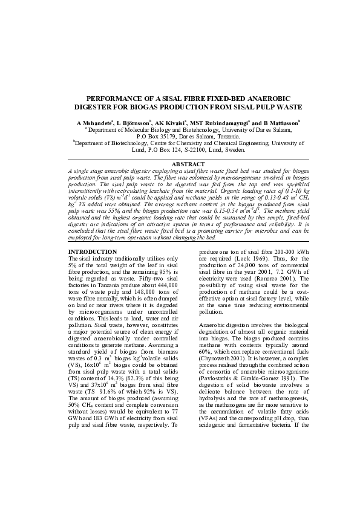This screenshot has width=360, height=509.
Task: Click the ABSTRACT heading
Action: pos(180,164)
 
